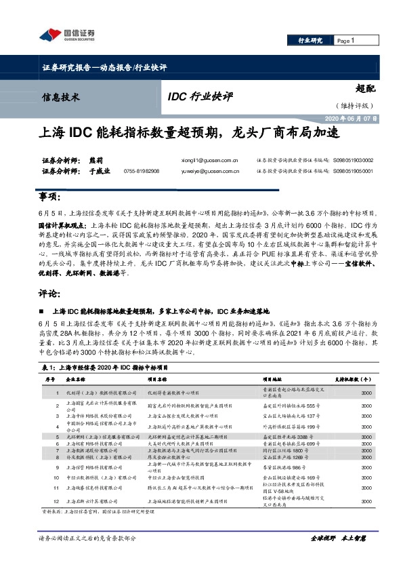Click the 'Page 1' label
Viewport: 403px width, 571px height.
pyautogui.click(x=346, y=41)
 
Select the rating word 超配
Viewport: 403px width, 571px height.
pyautogui.click(x=364, y=87)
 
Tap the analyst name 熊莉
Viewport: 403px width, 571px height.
pyautogui.click(x=96, y=160)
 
